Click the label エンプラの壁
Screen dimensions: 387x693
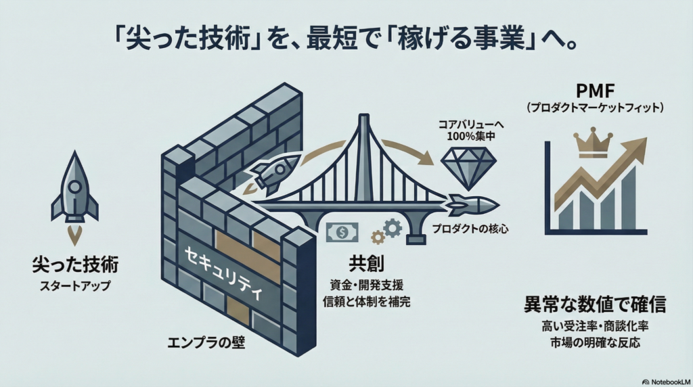(206, 342)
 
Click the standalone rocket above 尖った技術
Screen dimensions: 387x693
(74, 187)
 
